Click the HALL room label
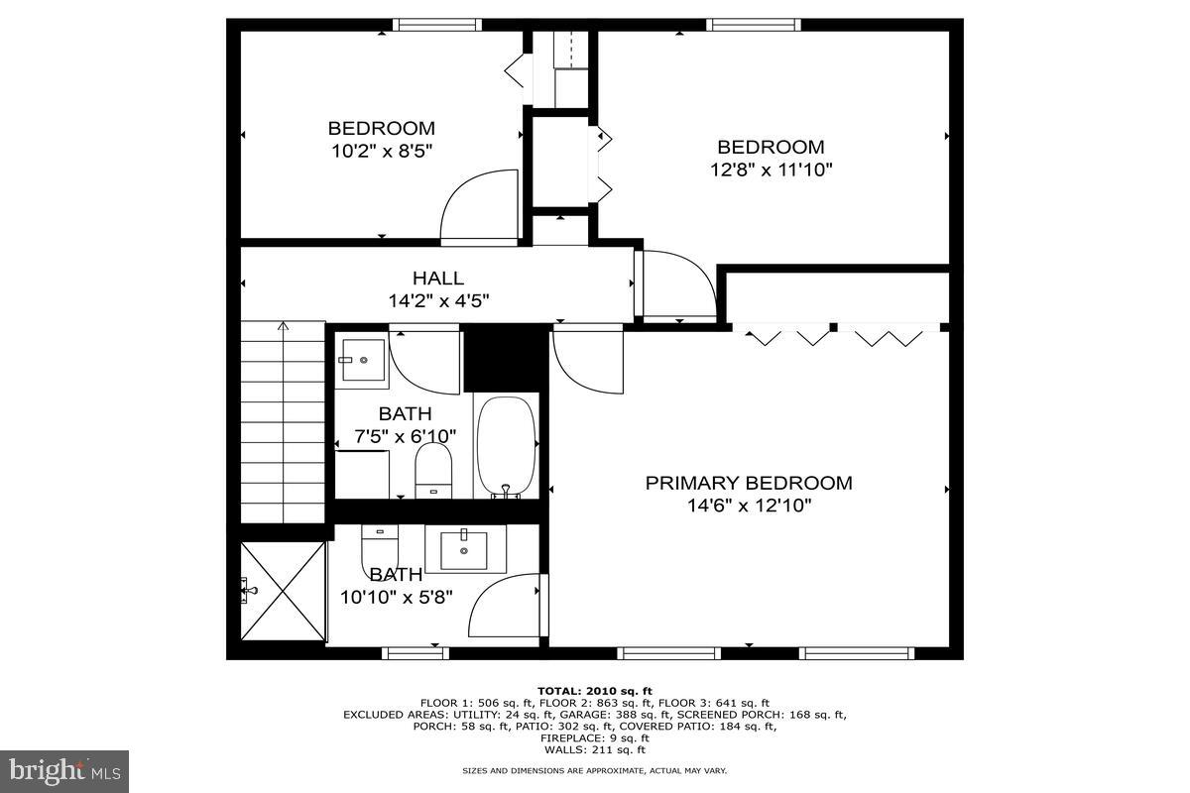point(437,279)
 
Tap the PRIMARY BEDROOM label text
point(749,483)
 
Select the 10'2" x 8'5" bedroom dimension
point(382,151)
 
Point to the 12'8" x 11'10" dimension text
point(771,170)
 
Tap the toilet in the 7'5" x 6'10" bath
point(432,469)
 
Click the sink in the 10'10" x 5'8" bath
point(463,548)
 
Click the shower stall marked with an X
point(284,592)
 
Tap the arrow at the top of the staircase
point(284,325)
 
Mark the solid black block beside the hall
point(505,358)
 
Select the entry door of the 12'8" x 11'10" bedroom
point(678,285)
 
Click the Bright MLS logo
point(64,770)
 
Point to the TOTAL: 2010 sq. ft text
point(594,691)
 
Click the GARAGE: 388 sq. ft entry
point(622,714)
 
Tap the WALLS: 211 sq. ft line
point(594,749)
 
